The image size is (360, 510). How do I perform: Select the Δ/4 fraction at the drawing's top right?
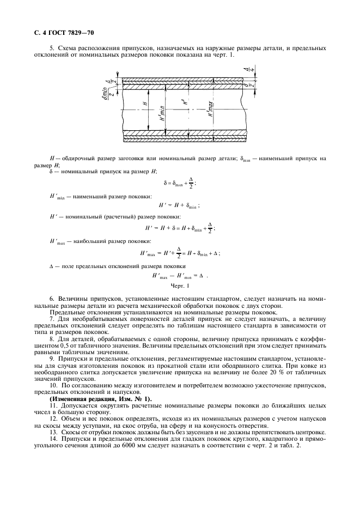tap(246, 69)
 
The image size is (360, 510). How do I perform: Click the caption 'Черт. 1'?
tap(180, 285)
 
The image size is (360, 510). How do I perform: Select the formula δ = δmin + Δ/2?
tap(180, 184)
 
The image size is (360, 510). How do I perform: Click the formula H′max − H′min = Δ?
tap(180, 275)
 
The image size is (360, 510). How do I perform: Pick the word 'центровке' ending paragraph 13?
tap(311, 432)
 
